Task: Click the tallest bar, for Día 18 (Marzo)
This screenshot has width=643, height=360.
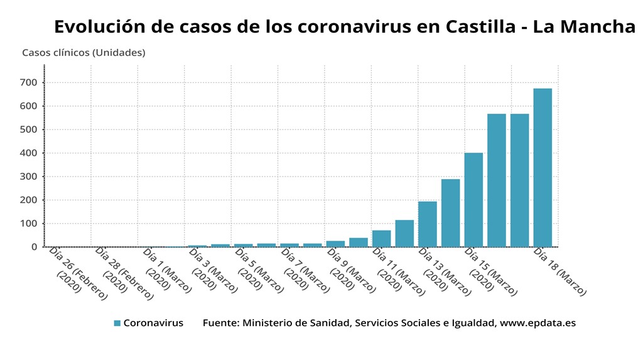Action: pyautogui.click(x=543, y=168)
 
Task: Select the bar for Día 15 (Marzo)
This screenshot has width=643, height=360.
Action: pyautogui.click(x=473, y=200)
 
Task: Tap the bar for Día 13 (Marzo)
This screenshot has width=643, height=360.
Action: pyautogui.click(x=428, y=224)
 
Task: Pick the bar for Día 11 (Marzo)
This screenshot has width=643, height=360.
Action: pyautogui.click(x=381, y=239)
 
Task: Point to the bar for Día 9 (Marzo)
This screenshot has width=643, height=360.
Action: pyautogui.click(x=335, y=244)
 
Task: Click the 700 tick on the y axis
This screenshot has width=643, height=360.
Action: pyautogui.click(x=29, y=82)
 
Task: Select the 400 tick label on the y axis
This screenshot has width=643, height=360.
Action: pyautogui.click(x=29, y=153)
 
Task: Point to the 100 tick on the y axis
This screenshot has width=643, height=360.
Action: pyautogui.click(x=29, y=224)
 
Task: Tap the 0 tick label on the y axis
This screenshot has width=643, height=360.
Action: pyautogui.click(x=35, y=247)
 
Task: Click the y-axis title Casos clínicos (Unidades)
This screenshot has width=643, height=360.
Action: pyautogui.click(x=84, y=53)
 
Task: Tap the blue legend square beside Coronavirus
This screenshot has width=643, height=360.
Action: pyautogui.click(x=117, y=323)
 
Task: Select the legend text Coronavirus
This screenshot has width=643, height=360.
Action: pyautogui.click(x=153, y=323)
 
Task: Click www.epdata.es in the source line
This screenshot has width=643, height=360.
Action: pyautogui.click(x=538, y=323)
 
